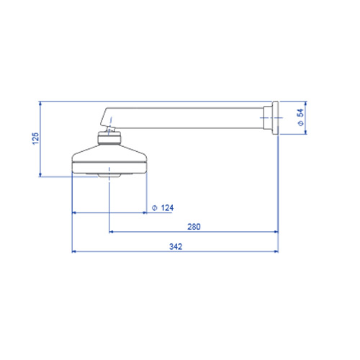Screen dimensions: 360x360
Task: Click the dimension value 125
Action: [x=35, y=138]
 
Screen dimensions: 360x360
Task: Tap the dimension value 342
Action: [x=176, y=246]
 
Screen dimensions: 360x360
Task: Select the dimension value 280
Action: [x=194, y=227]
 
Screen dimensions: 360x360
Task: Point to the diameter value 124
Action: [x=167, y=207]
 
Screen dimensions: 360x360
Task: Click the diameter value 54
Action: [x=300, y=113]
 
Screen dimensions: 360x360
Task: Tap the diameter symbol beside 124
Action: [x=155, y=208]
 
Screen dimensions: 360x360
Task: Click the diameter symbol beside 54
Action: [x=300, y=123]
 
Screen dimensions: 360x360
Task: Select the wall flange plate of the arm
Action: [x=275, y=117]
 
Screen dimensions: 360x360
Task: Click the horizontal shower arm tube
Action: [x=185, y=118]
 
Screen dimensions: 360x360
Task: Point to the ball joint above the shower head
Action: [x=110, y=130]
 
